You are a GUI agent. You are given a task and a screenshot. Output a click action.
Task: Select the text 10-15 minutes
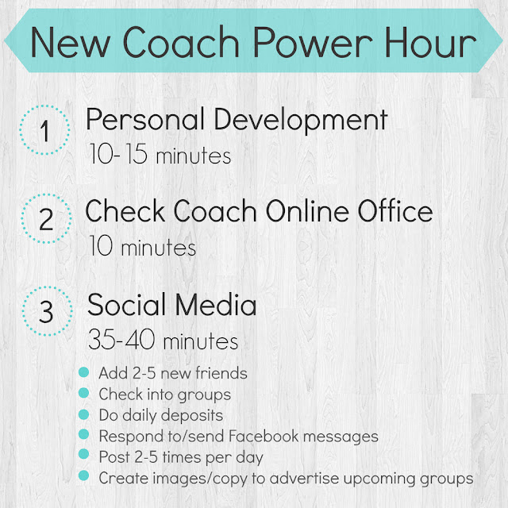pos(158,155)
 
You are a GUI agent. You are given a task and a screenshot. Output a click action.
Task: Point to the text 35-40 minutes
pos(163,341)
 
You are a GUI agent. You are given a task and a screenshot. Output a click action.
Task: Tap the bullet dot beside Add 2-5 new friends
pos(84,371)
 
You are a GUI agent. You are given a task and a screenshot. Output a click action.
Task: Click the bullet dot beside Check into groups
pos(84,393)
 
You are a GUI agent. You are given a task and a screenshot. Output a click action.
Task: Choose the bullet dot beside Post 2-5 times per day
pos(84,456)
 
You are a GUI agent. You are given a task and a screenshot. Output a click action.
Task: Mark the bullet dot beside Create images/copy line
pos(84,478)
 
